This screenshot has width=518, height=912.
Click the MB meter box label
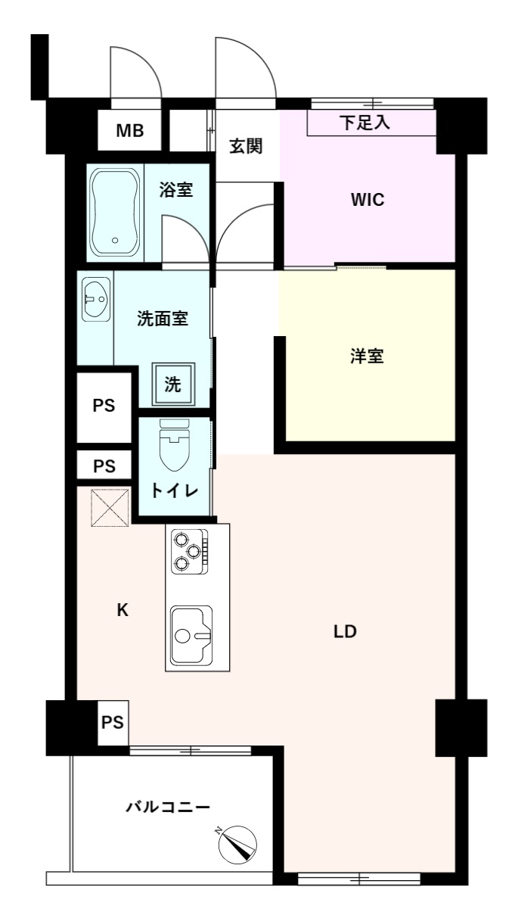(130, 131)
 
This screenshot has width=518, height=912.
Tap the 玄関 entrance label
(246, 146)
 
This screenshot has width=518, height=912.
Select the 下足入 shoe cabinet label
(365, 122)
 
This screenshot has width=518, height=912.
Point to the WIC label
(368, 200)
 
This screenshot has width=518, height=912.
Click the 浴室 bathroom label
(175, 190)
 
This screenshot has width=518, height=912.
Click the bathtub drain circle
(115, 241)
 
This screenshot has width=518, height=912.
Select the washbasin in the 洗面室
(96, 300)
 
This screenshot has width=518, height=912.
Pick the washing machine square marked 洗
(173, 384)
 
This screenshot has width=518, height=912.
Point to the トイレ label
(175, 491)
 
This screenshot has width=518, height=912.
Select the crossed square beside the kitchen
(110, 508)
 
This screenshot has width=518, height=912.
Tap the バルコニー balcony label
(168, 807)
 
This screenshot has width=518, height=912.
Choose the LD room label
(345, 631)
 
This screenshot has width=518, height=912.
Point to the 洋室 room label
(367, 356)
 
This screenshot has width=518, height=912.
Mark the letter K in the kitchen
(123, 610)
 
